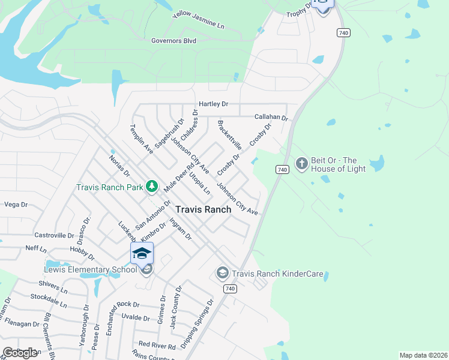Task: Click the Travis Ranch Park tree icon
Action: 152,187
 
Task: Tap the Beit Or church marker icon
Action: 301,163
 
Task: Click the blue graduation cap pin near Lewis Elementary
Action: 142,254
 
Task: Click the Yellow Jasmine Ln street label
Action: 198,20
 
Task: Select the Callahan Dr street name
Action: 271,118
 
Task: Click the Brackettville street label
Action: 229,135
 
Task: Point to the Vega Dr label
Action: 16,205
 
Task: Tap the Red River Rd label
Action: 157,344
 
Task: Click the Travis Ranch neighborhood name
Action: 203,209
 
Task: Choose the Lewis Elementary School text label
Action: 91,269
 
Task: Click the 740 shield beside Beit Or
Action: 282,170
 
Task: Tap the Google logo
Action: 20,353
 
